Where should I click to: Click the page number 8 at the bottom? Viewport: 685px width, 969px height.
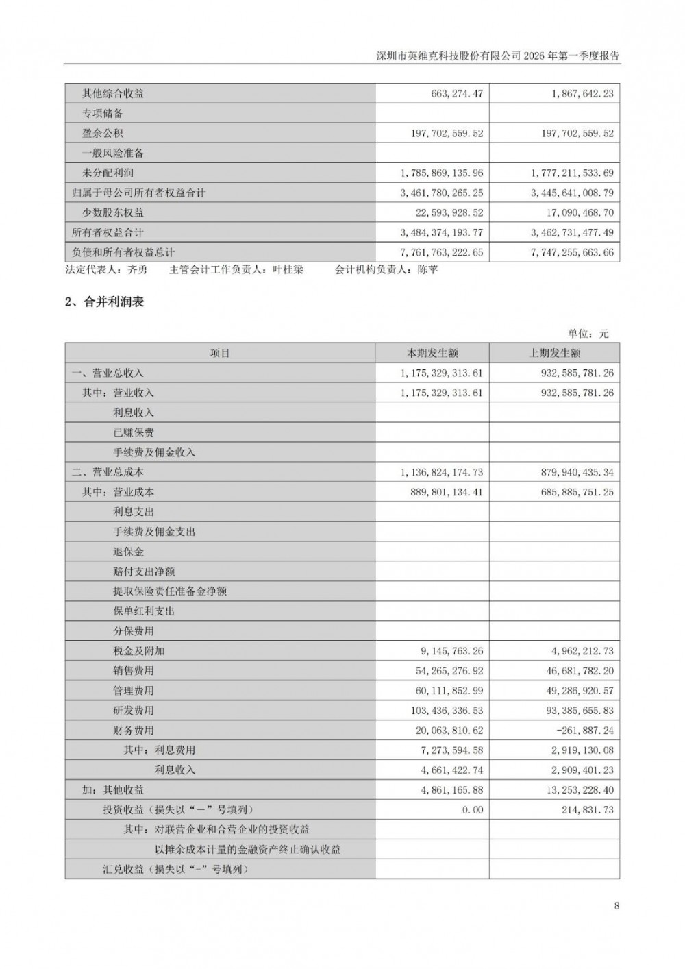click(x=616, y=905)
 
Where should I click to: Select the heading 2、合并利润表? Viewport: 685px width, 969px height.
click(x=104, y=302)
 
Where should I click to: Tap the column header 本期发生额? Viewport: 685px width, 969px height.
click(x=432, y=354)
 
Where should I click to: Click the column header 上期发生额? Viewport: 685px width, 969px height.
click(x=554, y=354)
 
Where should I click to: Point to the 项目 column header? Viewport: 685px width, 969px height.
click(x=220, y=354)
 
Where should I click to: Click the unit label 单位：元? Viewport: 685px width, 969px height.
click(x=588, y=334)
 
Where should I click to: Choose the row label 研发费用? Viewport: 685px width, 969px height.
click(x=134, y=711)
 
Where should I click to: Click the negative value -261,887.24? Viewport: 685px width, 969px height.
click(x=579, y=731)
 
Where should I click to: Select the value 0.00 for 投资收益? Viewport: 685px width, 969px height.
click(x=472, y=810)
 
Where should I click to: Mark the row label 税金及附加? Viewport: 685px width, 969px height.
click(x=138, y=651)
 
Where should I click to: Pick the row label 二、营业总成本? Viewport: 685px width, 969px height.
click(x=108, y=472)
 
